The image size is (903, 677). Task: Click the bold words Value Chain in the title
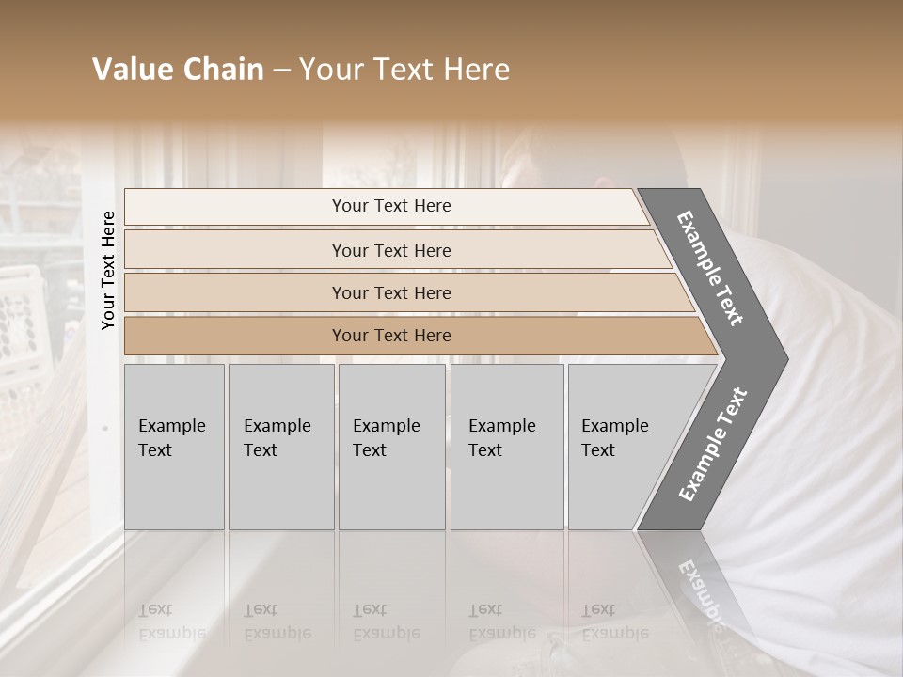click(178, 70)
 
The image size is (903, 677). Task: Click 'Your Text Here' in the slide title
click(404, 70)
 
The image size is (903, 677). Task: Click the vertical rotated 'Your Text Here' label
click(108, 270)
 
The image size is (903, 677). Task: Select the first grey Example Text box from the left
click(174, 447)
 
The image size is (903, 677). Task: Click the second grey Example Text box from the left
click(281, 447)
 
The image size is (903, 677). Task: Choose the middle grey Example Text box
click(391, 447)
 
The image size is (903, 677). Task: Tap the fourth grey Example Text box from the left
click(507, 447)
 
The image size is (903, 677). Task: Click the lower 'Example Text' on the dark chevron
click(713, 444)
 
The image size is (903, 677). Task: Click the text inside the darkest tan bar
click(391, 336)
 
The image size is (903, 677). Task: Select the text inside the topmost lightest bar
click(391, 206)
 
